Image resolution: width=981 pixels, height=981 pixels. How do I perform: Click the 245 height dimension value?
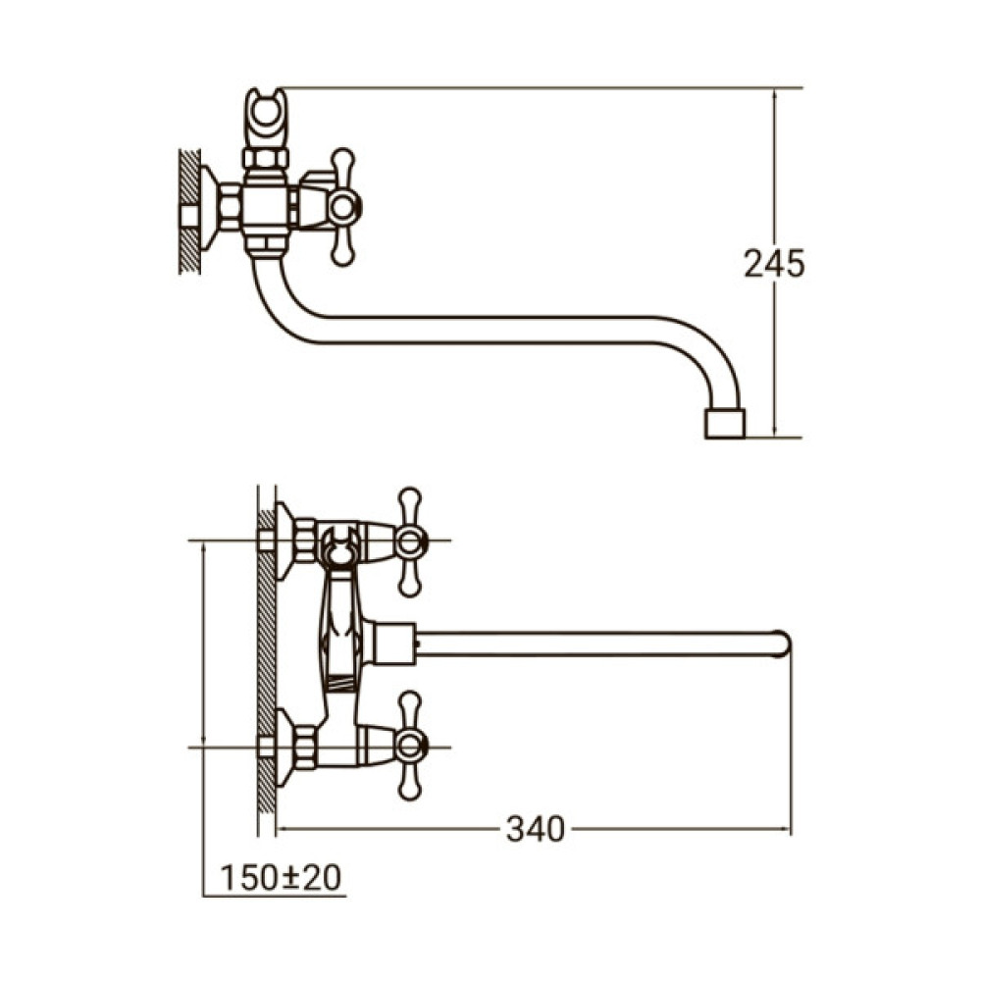tap(773, 264)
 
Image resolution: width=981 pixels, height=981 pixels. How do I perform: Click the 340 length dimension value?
tap(536, 830)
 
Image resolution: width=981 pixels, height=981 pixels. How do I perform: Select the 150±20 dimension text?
tap(281, 877)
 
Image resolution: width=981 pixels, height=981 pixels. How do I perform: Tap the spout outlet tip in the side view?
tap(725, 424)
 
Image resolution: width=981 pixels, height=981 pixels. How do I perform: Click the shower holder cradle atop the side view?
tap(265, 114)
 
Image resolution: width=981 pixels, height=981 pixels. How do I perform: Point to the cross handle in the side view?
tap(341, 206)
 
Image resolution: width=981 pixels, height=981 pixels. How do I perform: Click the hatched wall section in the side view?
tap(190, 211)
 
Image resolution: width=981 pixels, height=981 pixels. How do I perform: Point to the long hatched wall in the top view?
tap(265, 657)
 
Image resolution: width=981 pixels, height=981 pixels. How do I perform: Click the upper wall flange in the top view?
tap(285, 541)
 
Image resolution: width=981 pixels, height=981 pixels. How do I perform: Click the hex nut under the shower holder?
tap(265, 158)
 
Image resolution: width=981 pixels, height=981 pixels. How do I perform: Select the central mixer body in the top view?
tap(339, 638)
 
